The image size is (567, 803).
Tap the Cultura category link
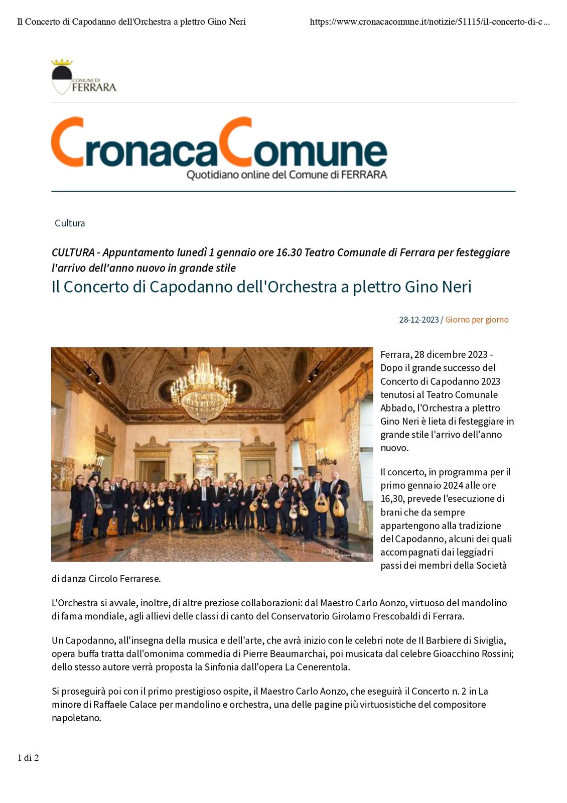(x=70, y=223)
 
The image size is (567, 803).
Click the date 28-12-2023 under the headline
(x=418, y=320)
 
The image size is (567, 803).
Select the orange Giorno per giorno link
(x=477, y=320)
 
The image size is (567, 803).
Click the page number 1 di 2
(x=28, y=758)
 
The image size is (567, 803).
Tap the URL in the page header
(x=430, y=22)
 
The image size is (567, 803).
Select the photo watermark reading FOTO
(x=330, y=552)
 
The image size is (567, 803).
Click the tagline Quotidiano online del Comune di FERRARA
(x=287, y=175)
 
